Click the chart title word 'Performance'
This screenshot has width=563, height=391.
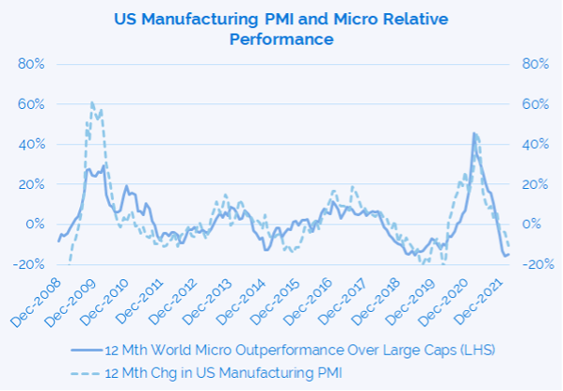pos(281,40)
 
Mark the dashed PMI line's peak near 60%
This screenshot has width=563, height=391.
pos(91,102)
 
